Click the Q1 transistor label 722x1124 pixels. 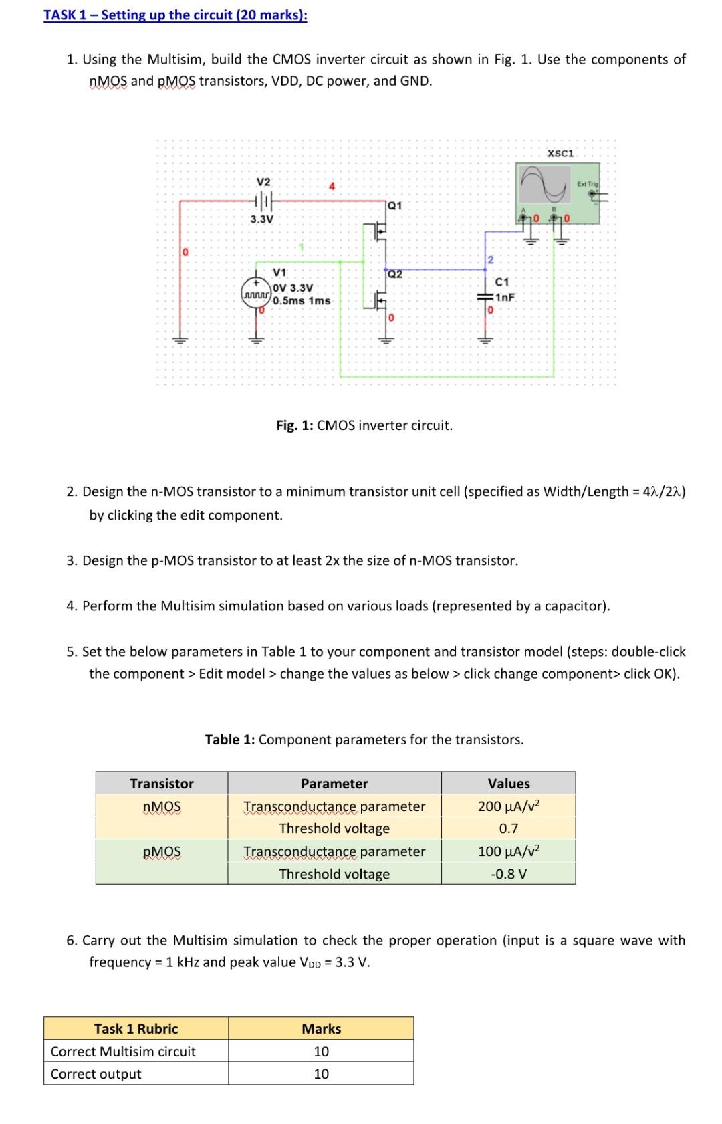(x=395, y=205)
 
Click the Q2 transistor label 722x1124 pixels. (x=395, y=274)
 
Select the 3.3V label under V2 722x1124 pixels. (x=261, y=219)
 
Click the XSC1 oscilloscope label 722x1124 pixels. (x=560, y=153)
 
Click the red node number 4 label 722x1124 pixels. (x=331, y=185)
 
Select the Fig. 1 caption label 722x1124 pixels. (x=364, y=425)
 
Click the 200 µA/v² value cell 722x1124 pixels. (x=508, y=806)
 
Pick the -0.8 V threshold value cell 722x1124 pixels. (x=508, y=874)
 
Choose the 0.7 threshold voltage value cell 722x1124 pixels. (x=508, y=828)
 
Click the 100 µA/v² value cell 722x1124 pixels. (x=508, y=851)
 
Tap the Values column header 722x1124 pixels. (x=508, y=783)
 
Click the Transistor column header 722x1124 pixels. (x=162, y=783)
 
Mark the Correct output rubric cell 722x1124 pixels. (x=96, y=1074)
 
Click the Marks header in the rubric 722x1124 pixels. (x=321, y=1029)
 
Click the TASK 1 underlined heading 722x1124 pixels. (x=175, y=15)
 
